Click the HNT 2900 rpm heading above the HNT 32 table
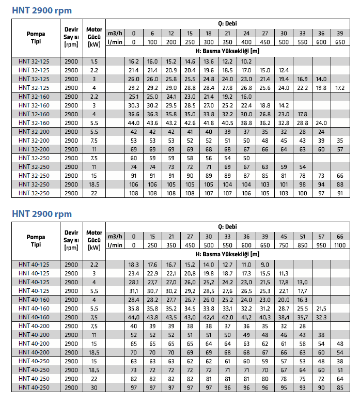(x=42, y=10)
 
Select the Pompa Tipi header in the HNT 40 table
(x=36, y=240)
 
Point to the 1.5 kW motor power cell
(x=93, y=61)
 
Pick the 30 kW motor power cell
(x=93, y=387)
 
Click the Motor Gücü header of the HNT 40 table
(x=94, y=240)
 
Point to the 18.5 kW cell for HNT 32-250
(x=93, y=185)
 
